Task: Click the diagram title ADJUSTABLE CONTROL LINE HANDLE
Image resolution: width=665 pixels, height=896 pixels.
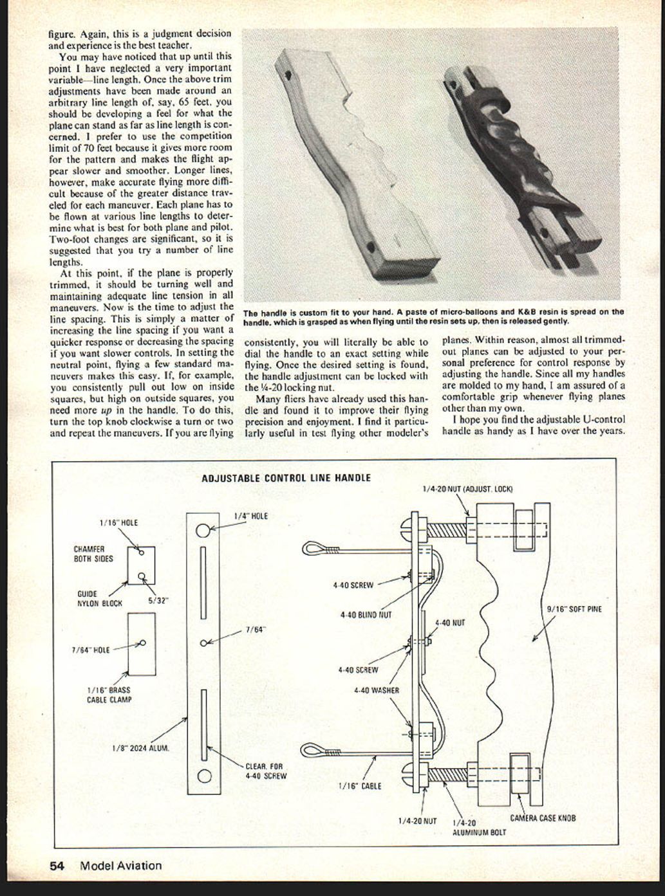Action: pos(286,478)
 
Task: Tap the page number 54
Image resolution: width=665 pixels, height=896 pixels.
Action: pos(57,866)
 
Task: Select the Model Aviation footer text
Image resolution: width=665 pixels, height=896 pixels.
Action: pos(121,866)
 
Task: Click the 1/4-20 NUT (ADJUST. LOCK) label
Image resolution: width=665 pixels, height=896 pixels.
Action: pos(468,489)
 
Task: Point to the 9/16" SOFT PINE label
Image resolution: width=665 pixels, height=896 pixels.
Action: pos(574,608)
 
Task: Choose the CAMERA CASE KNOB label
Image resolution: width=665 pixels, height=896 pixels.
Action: pos(543,818)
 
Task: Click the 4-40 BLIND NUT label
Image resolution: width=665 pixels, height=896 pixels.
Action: pos(366,615)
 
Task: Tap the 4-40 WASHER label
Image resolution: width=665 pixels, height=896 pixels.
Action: pos(377,690)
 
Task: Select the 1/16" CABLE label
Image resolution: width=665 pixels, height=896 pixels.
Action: pos(360,786)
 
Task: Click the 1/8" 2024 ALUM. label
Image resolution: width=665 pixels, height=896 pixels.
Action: pos(140,748)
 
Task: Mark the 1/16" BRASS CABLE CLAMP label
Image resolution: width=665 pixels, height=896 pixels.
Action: pos(109,695)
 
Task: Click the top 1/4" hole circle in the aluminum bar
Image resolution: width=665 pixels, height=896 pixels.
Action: pos(203,530)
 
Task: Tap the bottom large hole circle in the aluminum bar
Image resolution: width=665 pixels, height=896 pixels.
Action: pos(204,776)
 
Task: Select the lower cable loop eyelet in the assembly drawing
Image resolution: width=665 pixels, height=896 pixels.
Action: pos(314,751)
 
